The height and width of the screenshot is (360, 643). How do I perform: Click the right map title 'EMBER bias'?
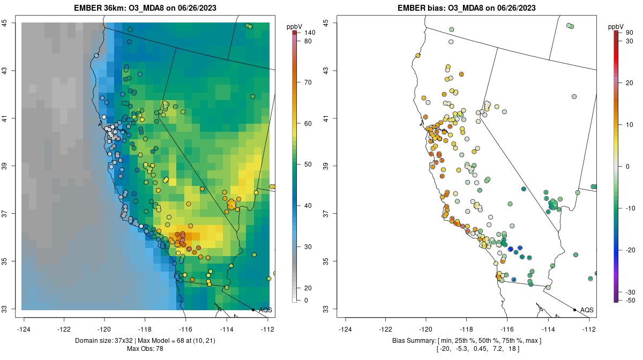(x=423, y=8)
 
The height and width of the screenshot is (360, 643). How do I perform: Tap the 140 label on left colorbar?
(x=309, y=33)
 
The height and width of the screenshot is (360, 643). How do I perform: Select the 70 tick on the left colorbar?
(x=308, y=82)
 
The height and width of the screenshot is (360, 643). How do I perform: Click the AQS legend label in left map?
(x=265, y=310)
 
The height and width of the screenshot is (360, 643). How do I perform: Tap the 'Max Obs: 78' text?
(x=145, y=349)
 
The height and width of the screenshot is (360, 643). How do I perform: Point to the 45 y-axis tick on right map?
(x=326, y=22)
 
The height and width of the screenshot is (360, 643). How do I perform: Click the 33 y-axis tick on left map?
(x=5, y=309)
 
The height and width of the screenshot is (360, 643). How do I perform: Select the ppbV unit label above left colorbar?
(x=294, y=26)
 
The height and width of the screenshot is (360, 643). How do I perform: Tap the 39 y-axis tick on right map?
(x=326, y=166)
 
